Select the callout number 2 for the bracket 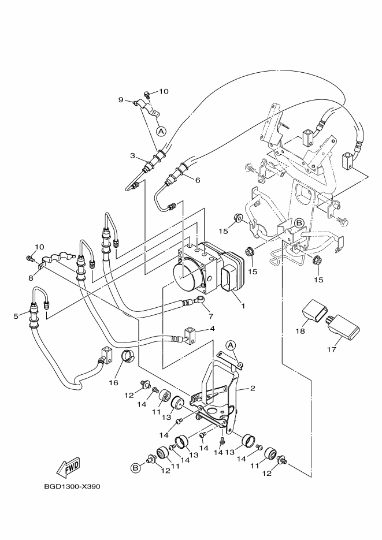(253, 389)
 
